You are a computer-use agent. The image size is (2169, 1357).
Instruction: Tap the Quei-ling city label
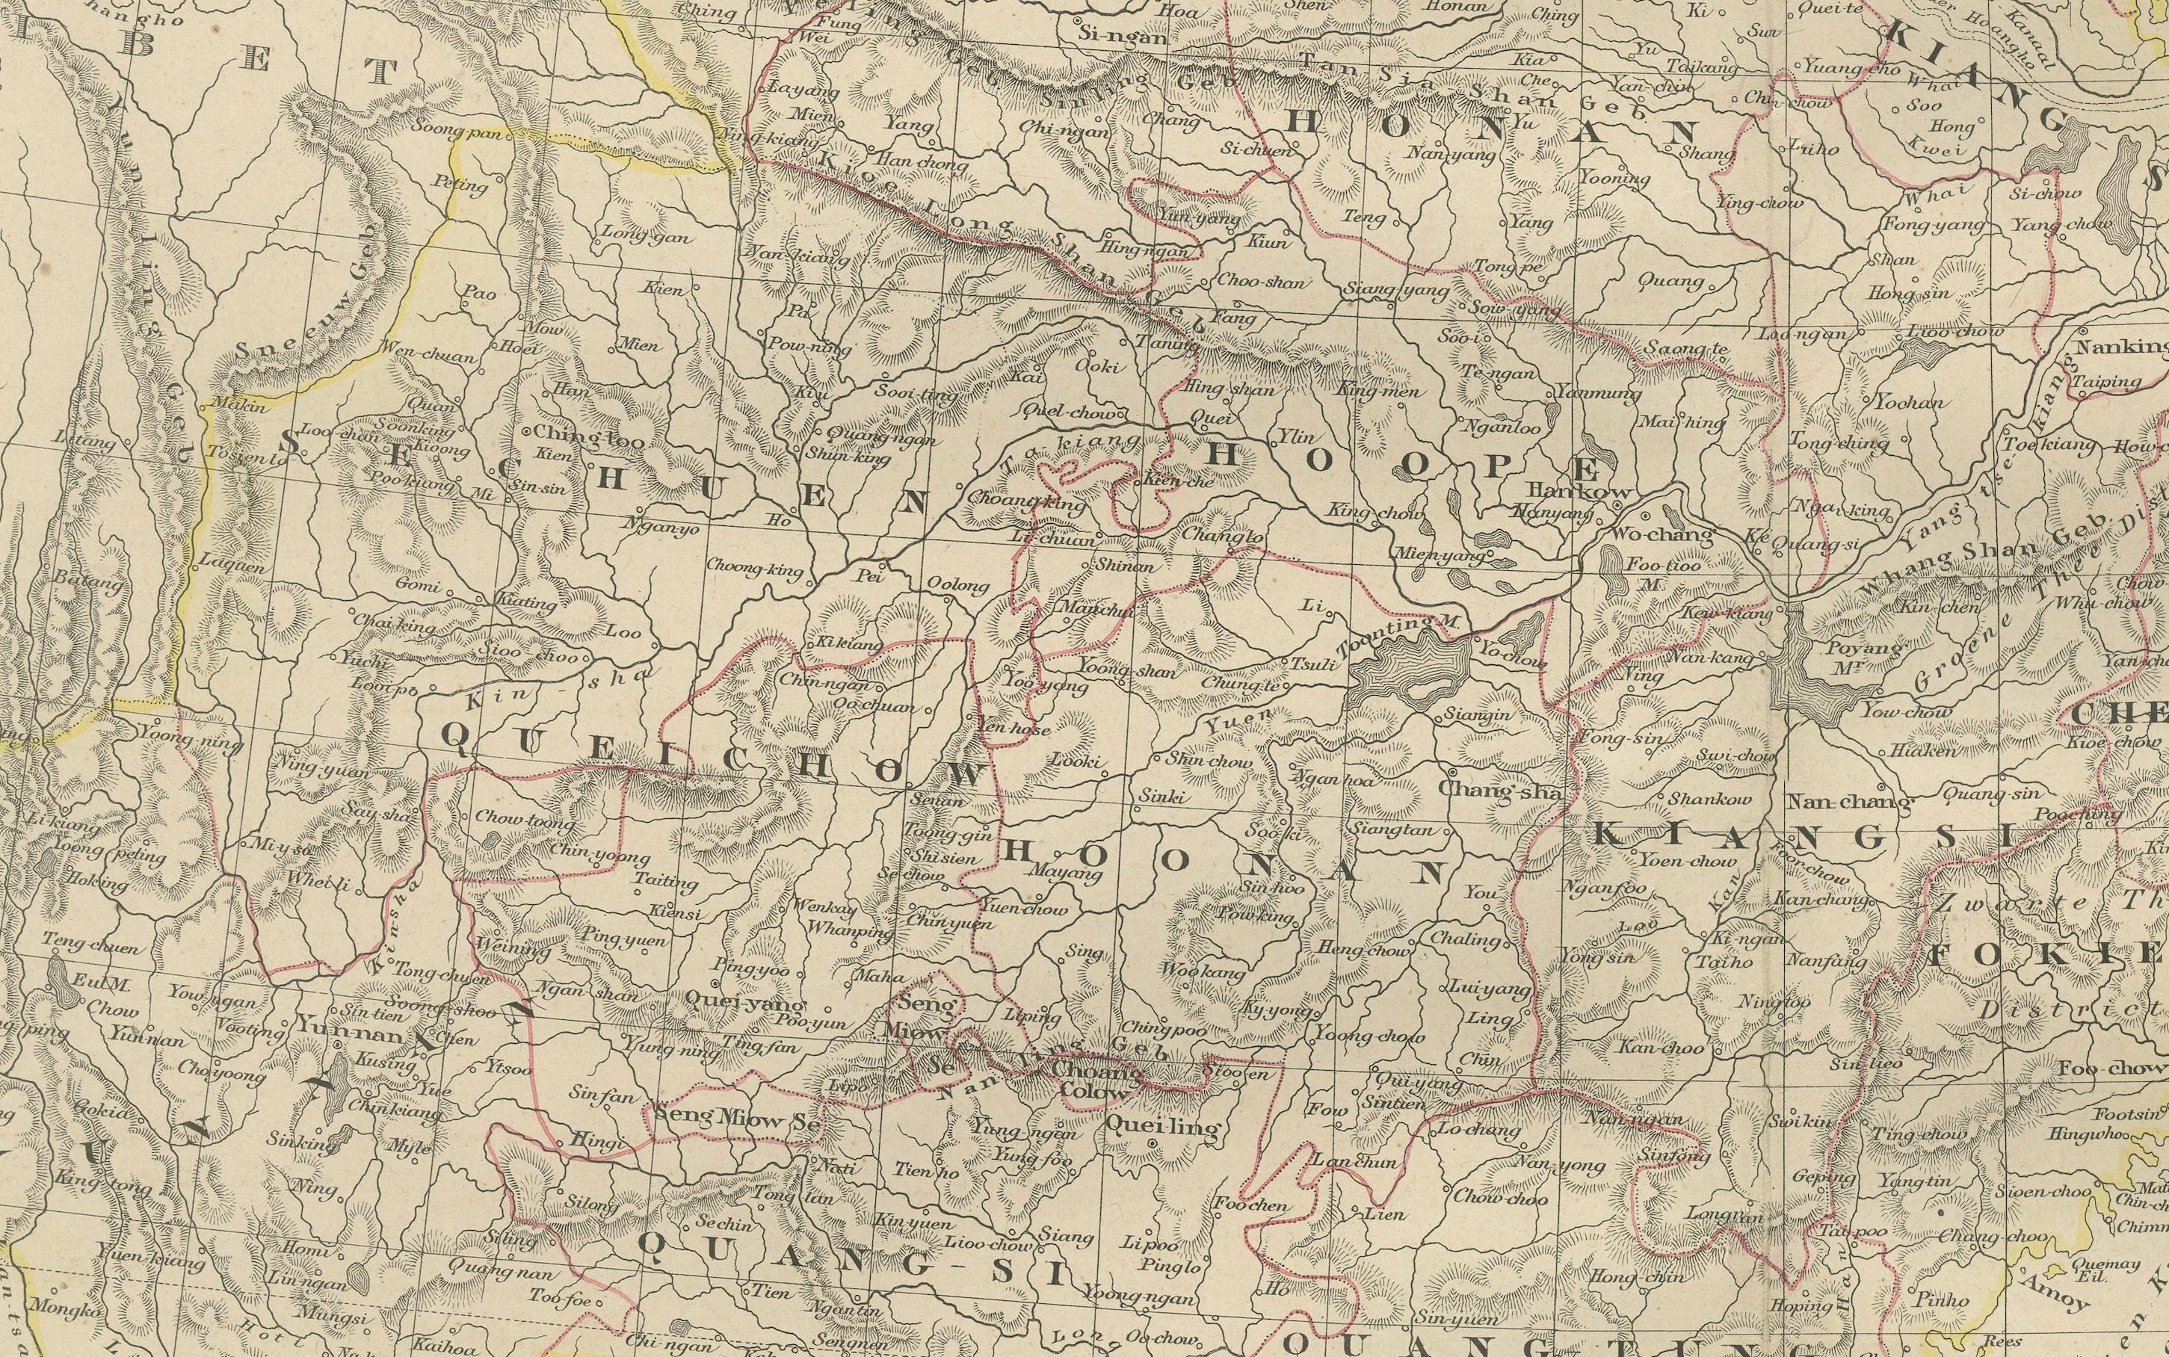coord(1164,1128)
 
